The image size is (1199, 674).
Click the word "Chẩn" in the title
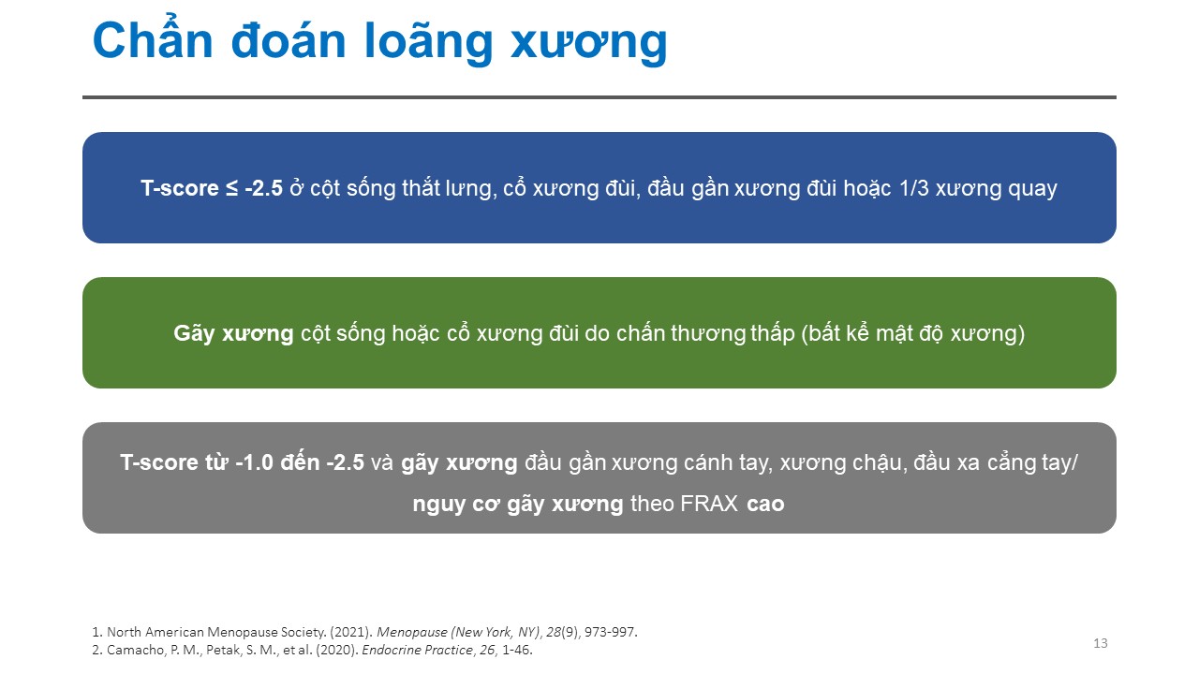(153, 40)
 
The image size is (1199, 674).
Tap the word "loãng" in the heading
(428, 44)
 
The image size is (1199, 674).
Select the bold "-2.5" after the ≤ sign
(263, 188)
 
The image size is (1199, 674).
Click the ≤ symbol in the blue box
(231, 189)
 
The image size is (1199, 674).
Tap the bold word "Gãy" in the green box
(194, 334)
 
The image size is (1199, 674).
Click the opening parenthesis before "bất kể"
(805, 334)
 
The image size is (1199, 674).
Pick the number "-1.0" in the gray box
(254, 462)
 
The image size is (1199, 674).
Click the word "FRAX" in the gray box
(709, 504)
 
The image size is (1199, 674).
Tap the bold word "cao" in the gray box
(765, 505)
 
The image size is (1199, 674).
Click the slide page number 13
(1101, 643)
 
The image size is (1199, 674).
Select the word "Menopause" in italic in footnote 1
(411, 632)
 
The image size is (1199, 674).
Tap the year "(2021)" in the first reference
(351, 632)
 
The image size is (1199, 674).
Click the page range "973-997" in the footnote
(609, 632)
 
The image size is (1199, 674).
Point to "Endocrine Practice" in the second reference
(418, 650)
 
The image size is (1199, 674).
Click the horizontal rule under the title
(599, 97)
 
